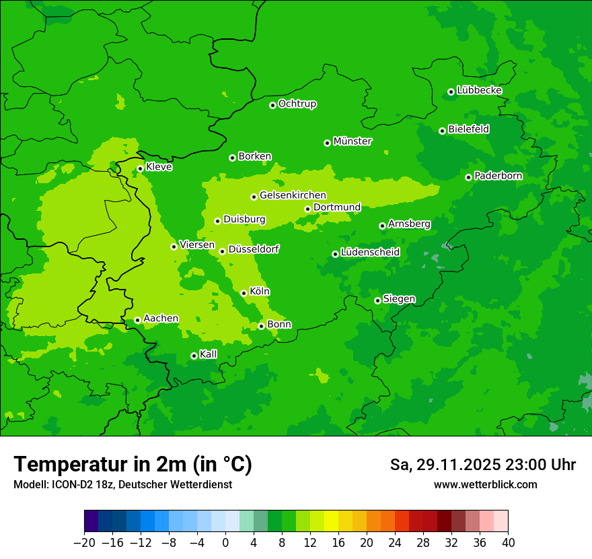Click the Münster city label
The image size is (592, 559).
coord(353,141)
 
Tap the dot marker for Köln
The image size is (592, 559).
coord(244,293)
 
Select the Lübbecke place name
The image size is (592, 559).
coord(479,90)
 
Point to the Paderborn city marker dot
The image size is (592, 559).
coord(468,177)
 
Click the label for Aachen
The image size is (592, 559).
coord(161,319)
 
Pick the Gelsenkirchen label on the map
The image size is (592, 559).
coord(293,195)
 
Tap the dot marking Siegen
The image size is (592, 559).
coord(377,300)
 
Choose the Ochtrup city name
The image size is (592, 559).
coord(297,104)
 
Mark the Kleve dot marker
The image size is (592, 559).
coord(140,168)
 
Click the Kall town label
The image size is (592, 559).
coord(209,354)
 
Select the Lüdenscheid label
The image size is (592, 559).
coord(370,253)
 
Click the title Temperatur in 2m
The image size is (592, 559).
coord(133,464)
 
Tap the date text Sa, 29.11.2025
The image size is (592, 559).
coord(445,465)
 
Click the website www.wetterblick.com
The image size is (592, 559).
coord(486,484)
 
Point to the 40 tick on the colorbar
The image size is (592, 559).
coord(508,543)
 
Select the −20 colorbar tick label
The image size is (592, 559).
coord(84,543)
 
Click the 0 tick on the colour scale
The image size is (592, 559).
coord(225,543)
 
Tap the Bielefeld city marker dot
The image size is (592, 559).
coord(442,131)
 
